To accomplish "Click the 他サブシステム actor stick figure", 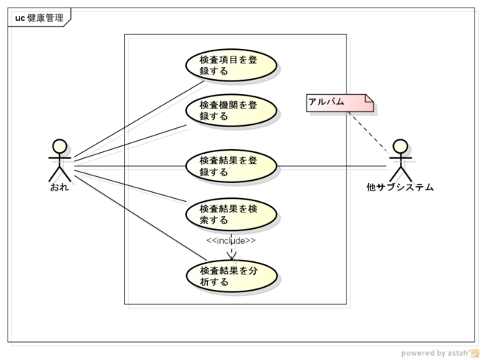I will point(400,160).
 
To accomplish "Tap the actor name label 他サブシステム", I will point(400,187).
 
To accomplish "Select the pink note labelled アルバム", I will point(339,102).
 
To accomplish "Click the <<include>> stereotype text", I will point(231,240).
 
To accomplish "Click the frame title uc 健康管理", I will point(38,17).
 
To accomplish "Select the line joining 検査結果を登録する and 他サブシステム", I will point(331,166).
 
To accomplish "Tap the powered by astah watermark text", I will point(435,352).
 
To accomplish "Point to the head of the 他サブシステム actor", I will point(400,145).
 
